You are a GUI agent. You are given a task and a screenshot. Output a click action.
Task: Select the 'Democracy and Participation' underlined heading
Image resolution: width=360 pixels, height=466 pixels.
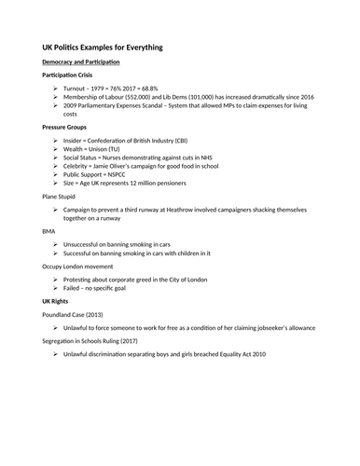(x=81, y=62)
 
